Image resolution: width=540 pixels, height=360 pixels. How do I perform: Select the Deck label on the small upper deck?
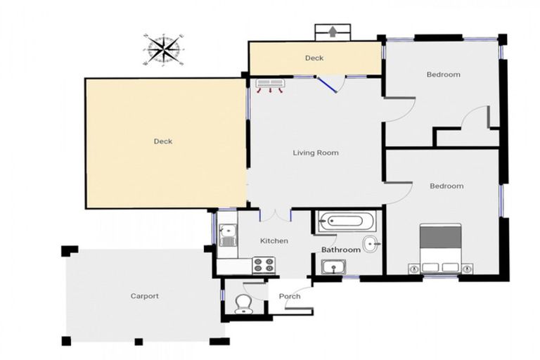(314, 58)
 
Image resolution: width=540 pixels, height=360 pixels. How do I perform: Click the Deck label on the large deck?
(162, 141)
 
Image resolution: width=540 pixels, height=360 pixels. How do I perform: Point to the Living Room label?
(316, 153)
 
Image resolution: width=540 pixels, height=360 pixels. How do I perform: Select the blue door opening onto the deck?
(327, 85)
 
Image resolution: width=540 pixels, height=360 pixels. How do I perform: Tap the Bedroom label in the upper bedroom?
(443, 75)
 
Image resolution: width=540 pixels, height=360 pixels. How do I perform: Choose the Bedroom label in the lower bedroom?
(446, 186)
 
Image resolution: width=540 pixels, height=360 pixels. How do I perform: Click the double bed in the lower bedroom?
(441, 248)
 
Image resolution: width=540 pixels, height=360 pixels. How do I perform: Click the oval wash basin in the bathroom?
(371, 245)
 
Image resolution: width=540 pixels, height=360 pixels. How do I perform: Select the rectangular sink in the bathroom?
(333, 267)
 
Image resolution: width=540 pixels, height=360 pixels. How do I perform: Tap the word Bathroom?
(341, 250)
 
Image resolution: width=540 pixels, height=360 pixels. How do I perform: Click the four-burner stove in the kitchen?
(264, 265)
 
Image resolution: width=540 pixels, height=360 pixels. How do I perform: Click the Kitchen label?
(274, 241)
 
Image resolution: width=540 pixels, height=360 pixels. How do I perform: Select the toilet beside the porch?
(243, 303)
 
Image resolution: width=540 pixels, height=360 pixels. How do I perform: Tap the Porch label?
(289, 296)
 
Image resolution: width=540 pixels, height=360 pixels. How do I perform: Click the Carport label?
(144, 296)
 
